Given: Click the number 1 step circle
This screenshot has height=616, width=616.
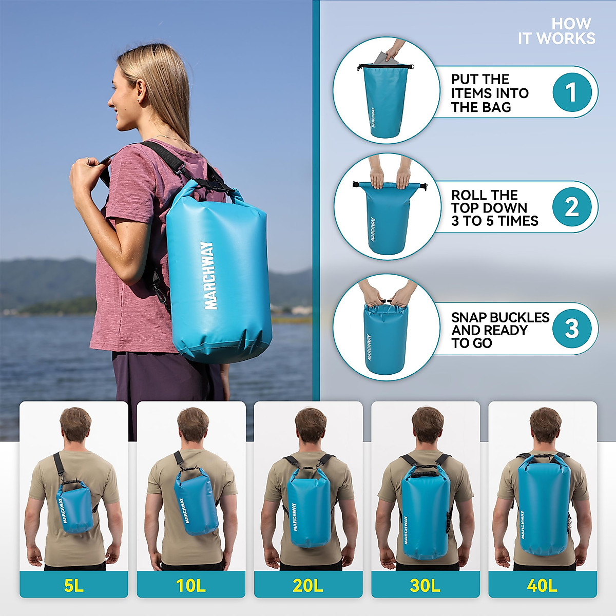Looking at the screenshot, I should (x=572, y=92).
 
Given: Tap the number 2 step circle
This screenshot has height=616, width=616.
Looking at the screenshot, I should (x=572, y=207).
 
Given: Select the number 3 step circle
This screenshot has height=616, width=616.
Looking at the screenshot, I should (x=572, y=329).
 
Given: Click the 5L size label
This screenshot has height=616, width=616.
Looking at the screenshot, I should (x=73, y=585).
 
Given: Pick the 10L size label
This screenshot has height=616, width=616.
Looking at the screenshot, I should (x=190, y=585).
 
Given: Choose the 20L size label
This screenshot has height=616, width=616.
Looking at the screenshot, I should (x=308, y=585).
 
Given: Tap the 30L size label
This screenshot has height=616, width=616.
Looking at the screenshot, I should (x=425, y=585).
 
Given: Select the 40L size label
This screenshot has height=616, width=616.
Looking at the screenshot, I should (x=542, y=585).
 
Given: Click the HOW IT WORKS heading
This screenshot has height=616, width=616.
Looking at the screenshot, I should (x=557, y=31).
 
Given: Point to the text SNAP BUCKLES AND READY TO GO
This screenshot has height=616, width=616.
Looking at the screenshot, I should (x=499, y=330).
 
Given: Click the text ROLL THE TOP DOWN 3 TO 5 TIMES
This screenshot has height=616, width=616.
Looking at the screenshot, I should (x=494, y=208).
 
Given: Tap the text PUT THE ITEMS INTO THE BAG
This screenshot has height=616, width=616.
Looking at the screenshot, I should (x=489, y=93).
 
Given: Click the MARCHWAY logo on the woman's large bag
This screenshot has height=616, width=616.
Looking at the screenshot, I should (x=210, y=276).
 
